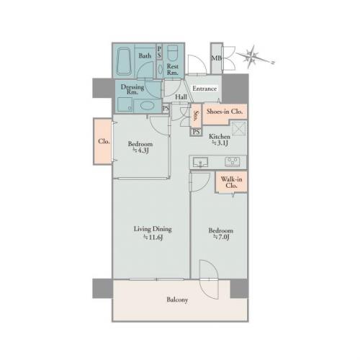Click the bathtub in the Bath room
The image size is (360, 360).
125,61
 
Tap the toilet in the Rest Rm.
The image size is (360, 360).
172,53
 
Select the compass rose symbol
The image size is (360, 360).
253,57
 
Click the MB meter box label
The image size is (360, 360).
217,58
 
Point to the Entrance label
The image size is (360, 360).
204,89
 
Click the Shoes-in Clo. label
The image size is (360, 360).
225,112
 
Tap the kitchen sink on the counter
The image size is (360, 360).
200,162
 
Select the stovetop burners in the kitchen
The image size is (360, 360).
232,162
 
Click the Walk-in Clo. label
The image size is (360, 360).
231,182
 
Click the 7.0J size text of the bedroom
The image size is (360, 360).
221,238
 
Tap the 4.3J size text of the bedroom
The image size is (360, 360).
141,150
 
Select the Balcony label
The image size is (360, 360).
177,300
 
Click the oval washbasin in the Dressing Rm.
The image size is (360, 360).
147,106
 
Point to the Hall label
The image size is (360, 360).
181,97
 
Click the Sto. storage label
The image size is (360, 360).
197,116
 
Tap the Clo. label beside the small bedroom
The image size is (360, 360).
104,141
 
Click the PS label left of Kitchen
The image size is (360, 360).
197,132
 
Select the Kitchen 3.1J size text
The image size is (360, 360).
220,143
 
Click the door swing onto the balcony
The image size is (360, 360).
210,280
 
